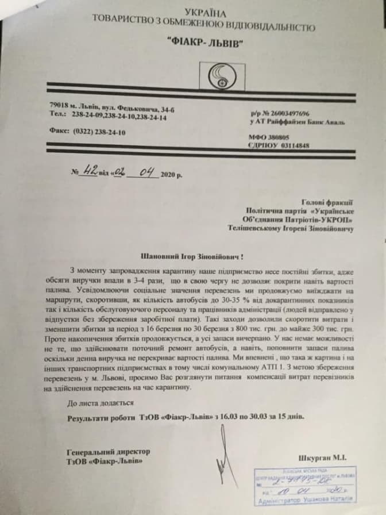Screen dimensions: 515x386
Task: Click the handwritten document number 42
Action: pos(89,171)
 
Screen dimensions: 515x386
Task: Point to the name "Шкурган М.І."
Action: pos(324,458)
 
